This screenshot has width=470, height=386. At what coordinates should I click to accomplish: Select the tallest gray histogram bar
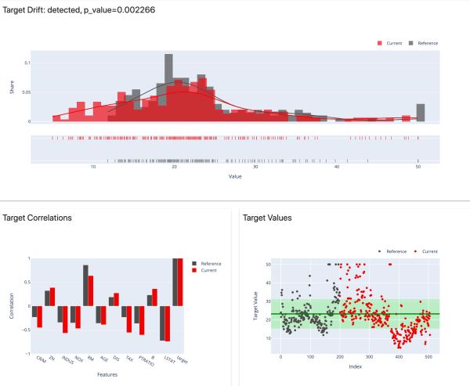point(168,88)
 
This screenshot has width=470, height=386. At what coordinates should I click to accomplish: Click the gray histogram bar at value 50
point(421,113)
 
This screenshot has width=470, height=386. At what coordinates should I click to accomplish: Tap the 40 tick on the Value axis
point(337,168)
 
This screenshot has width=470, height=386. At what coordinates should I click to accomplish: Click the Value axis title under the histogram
point(235,178)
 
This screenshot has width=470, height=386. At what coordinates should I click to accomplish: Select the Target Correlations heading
point(38,217)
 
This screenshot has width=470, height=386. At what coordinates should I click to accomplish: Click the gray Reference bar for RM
point(86,286)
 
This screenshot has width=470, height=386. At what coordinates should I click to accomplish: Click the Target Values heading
point(269,217)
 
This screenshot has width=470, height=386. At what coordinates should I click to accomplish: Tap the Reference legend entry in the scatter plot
point(392,252)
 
